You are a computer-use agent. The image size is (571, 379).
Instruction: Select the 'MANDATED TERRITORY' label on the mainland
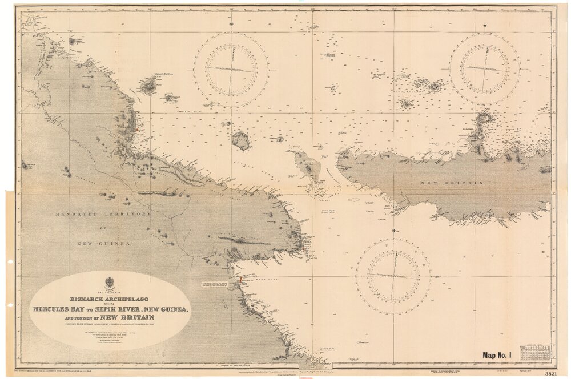pos(103,214)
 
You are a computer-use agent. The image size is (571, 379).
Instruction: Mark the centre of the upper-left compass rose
pos(231,70)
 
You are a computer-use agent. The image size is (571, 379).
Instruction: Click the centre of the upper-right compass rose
pos(485,68)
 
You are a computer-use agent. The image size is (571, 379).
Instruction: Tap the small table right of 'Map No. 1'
pos(539,353)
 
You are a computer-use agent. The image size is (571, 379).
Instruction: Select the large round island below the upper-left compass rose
pos(241,140)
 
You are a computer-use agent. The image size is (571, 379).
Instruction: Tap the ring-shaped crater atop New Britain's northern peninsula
pos(485,118)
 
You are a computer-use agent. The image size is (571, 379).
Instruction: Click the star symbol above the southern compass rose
pos(393,231)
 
